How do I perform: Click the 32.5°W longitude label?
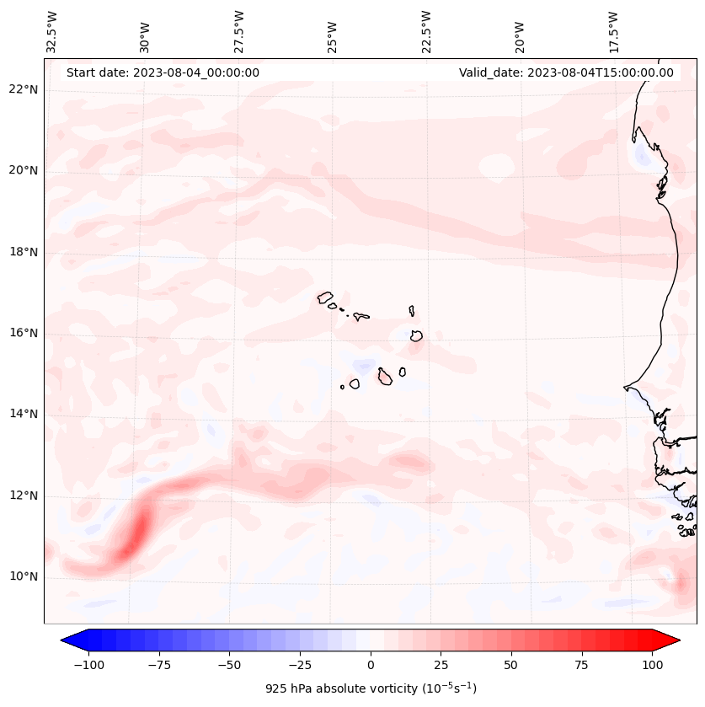point(52,32)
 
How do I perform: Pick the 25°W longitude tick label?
point(334,32)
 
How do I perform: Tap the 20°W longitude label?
point(521,32)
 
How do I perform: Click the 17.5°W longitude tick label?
point(614,32)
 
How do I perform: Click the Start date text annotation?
point(163,72)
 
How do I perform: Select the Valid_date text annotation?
point(566,72)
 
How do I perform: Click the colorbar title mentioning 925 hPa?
point(371,688)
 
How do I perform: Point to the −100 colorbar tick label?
point(88,665)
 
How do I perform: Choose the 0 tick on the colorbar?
point(371,665)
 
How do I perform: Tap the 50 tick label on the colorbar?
point(511,665)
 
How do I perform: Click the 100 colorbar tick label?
point(652,665)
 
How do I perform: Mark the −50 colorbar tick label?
point(229,665)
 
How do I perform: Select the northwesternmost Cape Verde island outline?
point(325,297)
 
